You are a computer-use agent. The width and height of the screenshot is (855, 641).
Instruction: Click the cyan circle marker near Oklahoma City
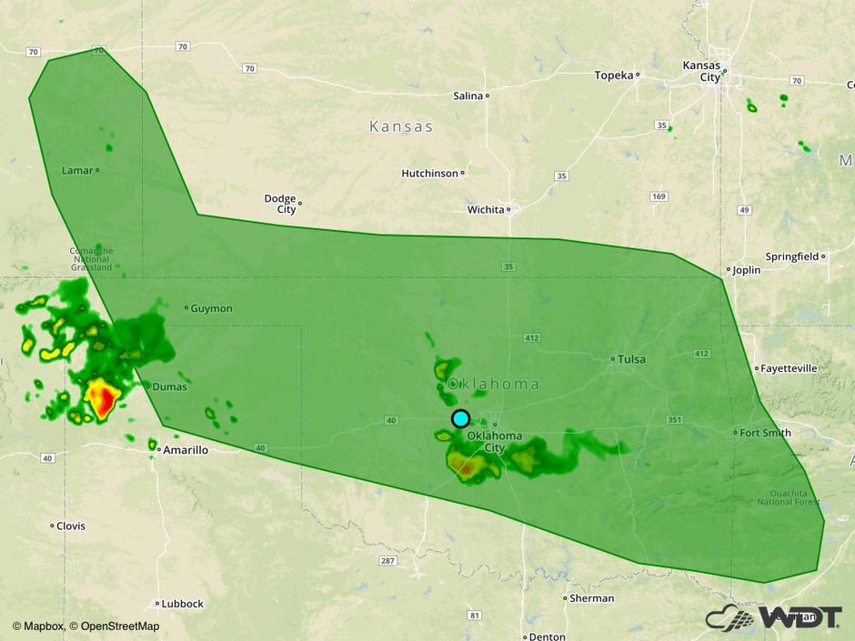(x=460, y=418)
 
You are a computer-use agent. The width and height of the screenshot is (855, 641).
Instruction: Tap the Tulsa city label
(x=632, y=359)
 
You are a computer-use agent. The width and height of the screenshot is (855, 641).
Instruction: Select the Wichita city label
(x=486, y=209)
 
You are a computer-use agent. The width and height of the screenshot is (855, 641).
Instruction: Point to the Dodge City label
(x=280, y=204)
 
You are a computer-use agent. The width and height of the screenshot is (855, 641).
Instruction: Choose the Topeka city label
(x=614, y=75)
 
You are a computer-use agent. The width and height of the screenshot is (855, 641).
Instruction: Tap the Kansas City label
(x=701, y=71)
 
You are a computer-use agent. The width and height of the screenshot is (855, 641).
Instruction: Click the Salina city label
(x=468, y=95)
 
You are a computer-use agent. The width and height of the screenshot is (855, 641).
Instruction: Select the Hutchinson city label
(x=430, y=173)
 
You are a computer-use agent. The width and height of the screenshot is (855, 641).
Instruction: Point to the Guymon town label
(x=211, y=308)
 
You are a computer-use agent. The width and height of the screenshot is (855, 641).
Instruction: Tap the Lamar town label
(x=76, y=170)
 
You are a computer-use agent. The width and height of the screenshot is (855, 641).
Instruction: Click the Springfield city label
(x=792, y=256)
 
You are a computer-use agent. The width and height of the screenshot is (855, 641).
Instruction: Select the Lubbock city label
(x=182, y=603)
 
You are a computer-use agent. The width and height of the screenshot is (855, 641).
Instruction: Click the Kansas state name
(x=401, y=126)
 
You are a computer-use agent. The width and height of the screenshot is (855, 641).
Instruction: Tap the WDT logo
(x=773, y=617)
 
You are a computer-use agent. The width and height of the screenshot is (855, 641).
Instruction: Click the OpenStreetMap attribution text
(x=114, y=626)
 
